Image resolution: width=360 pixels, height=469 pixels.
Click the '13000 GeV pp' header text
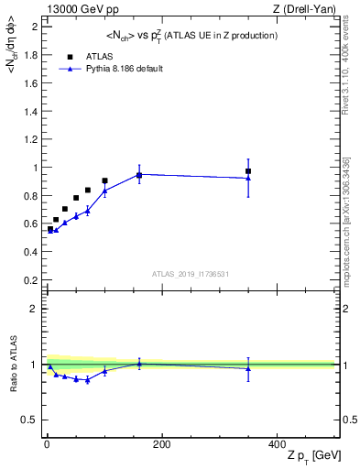pyautogui.click(x=78, y=10)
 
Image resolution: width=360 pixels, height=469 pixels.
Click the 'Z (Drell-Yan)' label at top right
pyautogui.click(x=310, y=10)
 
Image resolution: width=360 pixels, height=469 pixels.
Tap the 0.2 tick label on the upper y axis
pyautogui.click(x=32, y=280)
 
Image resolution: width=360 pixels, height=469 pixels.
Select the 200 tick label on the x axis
pyautogui.click(x=161, y=444)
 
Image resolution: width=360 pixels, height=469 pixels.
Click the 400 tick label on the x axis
pyautogui.click(x=277, y=444)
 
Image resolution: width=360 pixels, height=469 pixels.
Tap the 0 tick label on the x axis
pyautogui.click(x=45, y=444)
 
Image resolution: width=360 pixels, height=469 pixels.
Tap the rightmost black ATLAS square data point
pyautogui.click(x=248, y=171)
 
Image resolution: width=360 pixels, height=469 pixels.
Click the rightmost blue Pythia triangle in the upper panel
pyautogui.click(x=248, y=178)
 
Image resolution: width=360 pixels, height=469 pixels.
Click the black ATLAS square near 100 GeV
pyautogui.click(x=104, y=181)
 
